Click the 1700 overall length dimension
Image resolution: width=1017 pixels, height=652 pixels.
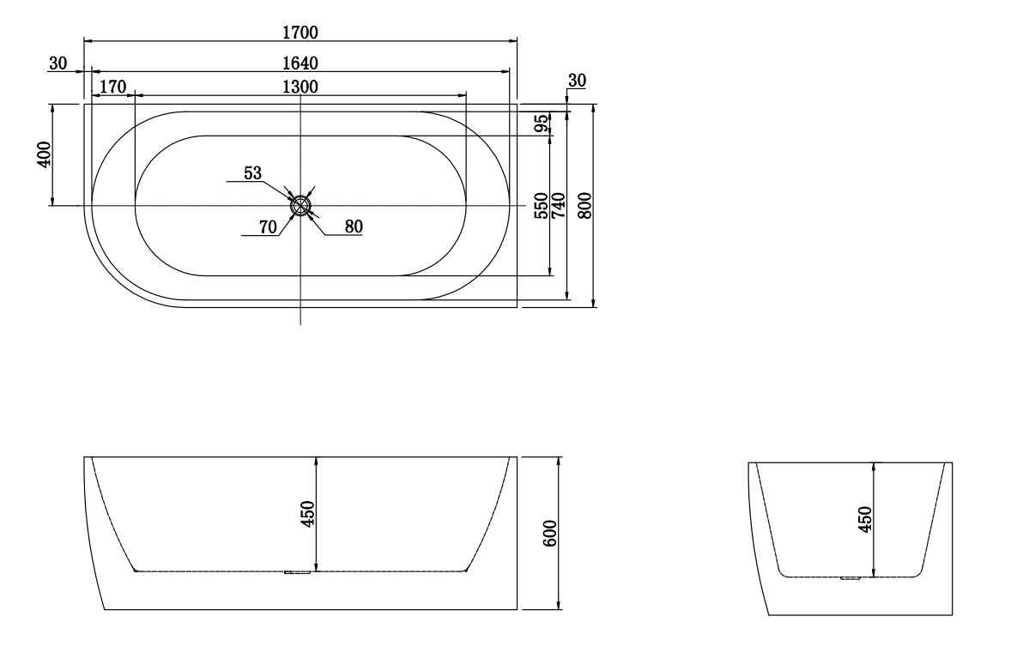point(300,33)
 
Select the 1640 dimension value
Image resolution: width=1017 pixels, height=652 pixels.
point(300,63)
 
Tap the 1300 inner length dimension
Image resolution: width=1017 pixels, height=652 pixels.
point(300,87)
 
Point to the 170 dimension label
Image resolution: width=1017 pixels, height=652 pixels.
point(113,87)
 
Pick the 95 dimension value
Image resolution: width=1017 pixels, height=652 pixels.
point(542,123)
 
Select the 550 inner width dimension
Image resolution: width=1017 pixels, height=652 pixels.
point(542,206)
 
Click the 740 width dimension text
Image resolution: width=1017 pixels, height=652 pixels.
point(560,206)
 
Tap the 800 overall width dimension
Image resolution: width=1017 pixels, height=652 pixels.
point(584,206)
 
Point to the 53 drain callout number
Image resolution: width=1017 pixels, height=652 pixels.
point(252,173)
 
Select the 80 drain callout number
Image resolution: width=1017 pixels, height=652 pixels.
point(354,227)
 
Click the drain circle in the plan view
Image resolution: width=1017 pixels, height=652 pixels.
point(300,205)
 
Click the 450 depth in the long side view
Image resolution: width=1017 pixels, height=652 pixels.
point(309,513)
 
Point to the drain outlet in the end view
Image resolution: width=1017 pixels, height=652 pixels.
point(850,579)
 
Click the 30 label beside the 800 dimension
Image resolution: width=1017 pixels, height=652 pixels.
point(577,80)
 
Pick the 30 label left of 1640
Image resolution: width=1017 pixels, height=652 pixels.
point(58,63)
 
